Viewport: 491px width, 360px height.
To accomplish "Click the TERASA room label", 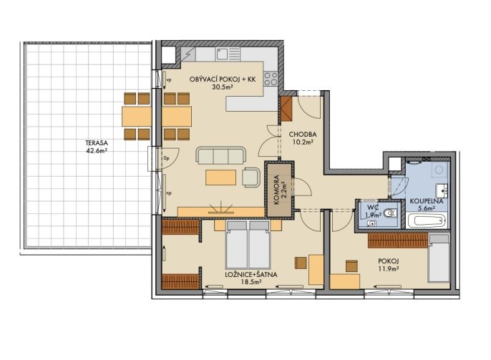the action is click(x=97, y=142).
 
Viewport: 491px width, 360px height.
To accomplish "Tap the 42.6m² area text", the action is click(x=97, y=150).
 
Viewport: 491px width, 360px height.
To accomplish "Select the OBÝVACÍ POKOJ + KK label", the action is click(x=223, y=79).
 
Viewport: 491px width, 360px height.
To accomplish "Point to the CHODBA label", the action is click(x=303, y=135).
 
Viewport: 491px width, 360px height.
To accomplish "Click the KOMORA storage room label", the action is click(x=276, y=190).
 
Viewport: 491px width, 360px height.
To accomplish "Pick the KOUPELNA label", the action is click(x=427, y=201).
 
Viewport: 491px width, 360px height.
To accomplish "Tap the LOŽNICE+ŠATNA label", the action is click(x=251, y=275).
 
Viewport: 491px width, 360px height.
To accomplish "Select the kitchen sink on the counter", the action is click(x=228, y=54).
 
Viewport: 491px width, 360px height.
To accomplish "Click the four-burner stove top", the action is click(x=271, y=79).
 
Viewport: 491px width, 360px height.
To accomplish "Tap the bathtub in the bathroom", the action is click(x=426, y=220).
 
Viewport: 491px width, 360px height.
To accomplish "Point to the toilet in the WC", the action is click(x=391, y=213).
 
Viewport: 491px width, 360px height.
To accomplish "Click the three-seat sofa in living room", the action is click(x=221, y=156).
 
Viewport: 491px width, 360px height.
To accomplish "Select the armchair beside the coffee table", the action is click(x=251, y=177).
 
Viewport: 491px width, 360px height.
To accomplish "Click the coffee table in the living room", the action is click(x=220, y=177).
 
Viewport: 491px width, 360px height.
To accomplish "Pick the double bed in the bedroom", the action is click(x=248, y=245).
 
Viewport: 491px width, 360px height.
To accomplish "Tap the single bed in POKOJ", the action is click(x=439, y=258).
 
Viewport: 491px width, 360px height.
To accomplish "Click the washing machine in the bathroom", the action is click(x=439, y=170).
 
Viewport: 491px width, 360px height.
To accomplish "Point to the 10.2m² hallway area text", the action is click(x=303, y=142).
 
